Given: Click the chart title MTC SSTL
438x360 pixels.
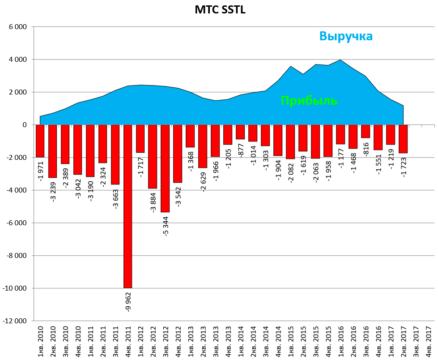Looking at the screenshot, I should tap(220, 10).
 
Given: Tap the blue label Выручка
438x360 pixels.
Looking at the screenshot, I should tap(346, 36).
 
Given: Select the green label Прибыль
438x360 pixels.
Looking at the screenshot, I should tap(309, 101).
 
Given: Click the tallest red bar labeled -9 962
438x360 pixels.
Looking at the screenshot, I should tap(128, 206).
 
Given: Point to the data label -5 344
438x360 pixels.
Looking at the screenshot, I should tap(166, 225).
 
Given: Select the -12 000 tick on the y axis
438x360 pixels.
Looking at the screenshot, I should tap(14, 321).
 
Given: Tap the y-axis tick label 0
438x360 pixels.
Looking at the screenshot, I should tap(24, 125).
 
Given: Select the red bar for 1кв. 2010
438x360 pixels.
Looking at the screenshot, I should tap(40, 141).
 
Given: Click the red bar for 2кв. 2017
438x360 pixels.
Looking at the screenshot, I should tap(403, 139).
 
